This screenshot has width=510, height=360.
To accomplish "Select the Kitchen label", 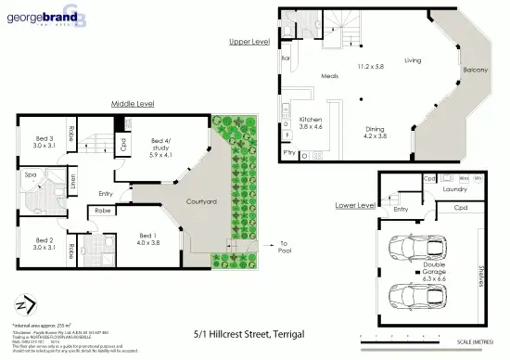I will click(311, 120).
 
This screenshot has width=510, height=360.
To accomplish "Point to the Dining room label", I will click(376, 130).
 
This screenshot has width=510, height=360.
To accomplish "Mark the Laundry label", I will click(453, 189).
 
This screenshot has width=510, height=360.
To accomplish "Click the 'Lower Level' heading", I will click(356, 203).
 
